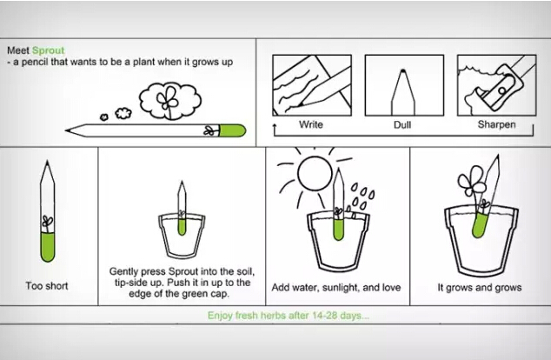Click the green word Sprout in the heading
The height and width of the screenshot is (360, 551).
click(x=48, y=50)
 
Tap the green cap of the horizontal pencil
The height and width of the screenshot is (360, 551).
click(x=232, y=130)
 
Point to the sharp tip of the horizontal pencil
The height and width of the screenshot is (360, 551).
click(x=66, y=130)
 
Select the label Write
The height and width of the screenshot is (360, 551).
click(x=311, y=124)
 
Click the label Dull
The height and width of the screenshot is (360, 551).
click(x=402, y=125)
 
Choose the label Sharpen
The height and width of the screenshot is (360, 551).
click(x=496, y=124)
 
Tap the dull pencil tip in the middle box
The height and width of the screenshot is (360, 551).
click(x=403, y=71)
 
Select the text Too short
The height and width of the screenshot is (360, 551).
click(x=47, y=286)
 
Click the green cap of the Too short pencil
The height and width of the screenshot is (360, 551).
click(x=48, y=247)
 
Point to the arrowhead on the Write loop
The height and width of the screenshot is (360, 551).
click(x=275, y=126)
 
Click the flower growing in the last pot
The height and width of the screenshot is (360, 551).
click(x=471, y=181)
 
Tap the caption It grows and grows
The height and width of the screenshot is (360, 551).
click(x=480, y=288)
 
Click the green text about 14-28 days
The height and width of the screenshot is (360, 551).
click(x=289, y=316)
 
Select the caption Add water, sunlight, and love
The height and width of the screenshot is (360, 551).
click(x=336, y=288)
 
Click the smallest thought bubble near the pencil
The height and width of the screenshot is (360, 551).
click(x=104, y=117)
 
